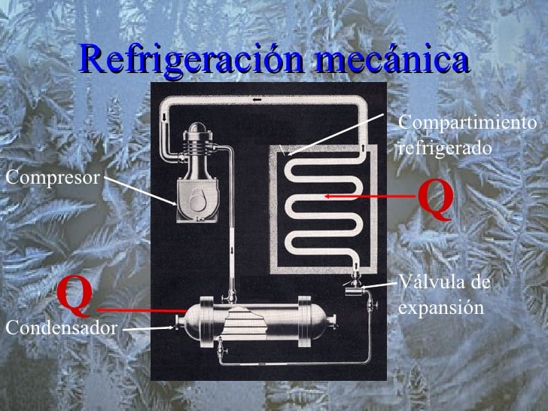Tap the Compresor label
(53, 178)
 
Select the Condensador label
(61, 328)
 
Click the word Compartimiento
(467, 122)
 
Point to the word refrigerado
(445, 148)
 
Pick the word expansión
(441, 308)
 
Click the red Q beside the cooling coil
(436, 199)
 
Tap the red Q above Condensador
(75, 296)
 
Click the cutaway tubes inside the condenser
(245, 323)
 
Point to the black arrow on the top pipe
(257, 100)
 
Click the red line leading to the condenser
(142, 310)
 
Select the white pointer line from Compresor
(140, 191)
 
